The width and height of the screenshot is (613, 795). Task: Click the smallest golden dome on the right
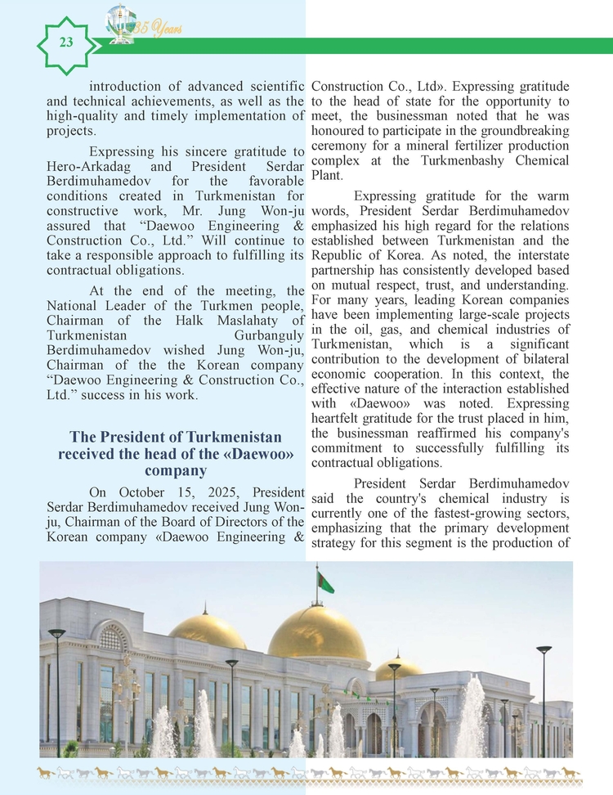400,668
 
